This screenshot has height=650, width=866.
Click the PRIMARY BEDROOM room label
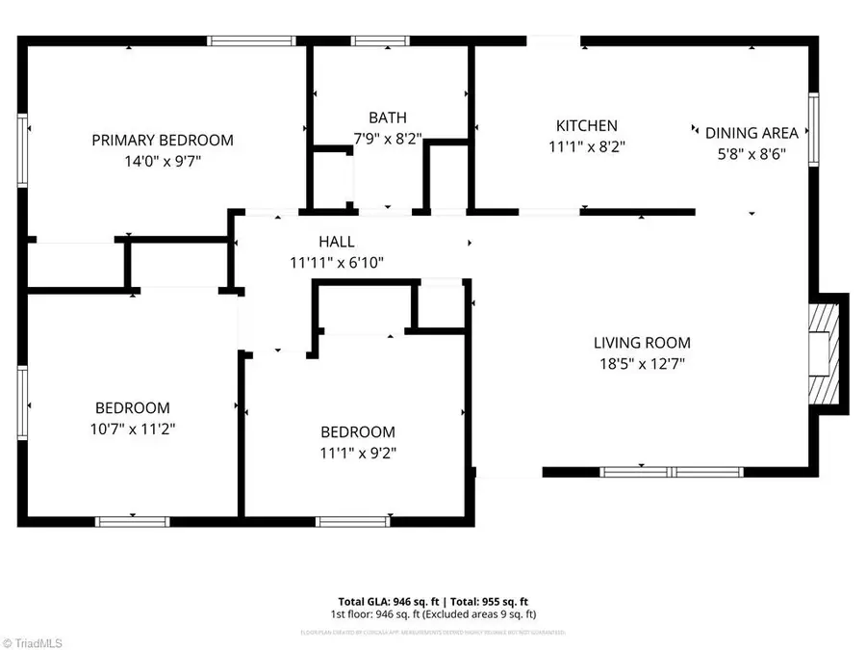162,141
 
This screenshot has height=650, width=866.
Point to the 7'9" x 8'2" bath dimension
388,139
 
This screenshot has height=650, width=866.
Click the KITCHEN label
586,126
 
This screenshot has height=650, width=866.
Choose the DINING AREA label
751,134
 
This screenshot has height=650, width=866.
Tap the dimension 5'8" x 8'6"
751,155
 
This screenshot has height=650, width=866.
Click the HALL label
337,242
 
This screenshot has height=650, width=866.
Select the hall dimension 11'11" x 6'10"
337,262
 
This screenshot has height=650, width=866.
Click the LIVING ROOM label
641,343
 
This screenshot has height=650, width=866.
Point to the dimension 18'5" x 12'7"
641,364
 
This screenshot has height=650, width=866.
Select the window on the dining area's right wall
813,126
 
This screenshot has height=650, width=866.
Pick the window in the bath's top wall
379,40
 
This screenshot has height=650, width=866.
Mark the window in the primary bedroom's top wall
252,40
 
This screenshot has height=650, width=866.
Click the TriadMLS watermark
34,640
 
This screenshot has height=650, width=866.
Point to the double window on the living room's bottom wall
671,472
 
